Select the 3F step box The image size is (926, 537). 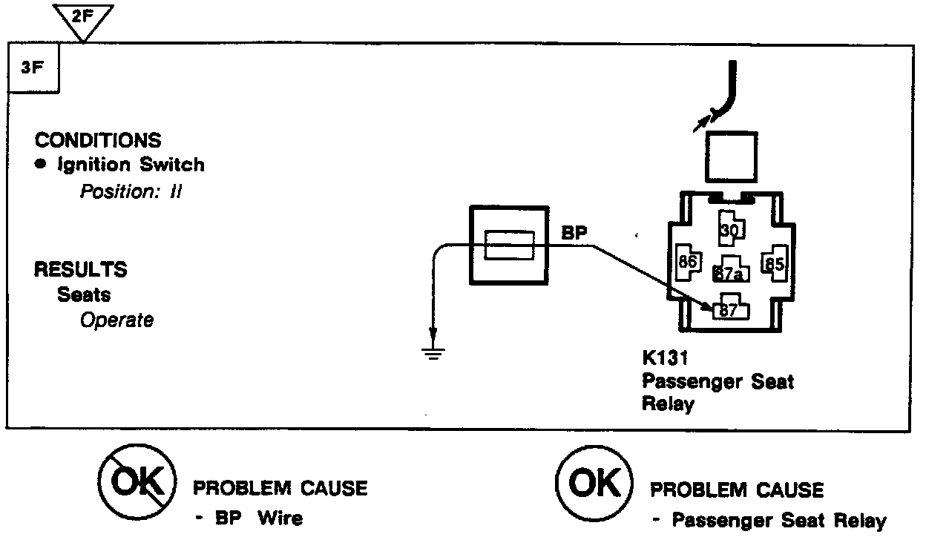point(32,69)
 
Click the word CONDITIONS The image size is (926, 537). point(98,140)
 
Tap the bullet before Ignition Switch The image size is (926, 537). point(43,165)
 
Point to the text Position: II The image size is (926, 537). point(131,191)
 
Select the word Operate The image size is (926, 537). point(117,320)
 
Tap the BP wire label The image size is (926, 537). point(574,233)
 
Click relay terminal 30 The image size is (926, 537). point(730,231)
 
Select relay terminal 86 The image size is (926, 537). point(686,263)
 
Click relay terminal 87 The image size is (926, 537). point(729,310)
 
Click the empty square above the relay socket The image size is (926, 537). point(731,157)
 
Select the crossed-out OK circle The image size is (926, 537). point(137,485)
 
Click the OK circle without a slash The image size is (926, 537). point(594,485)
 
